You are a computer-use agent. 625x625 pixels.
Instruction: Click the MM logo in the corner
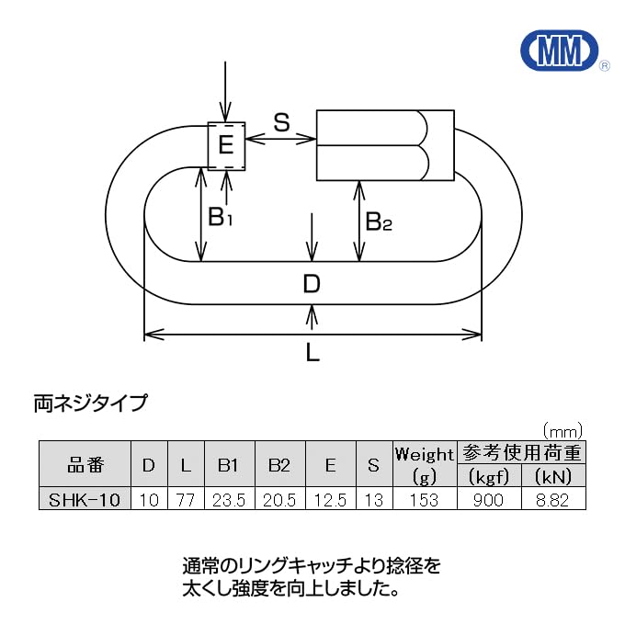tap(559, 51)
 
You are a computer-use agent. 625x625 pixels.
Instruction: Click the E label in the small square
tap(227, 145)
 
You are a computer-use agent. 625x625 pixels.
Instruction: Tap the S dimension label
tap(281, 121)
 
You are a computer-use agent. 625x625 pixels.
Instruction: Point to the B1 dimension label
tap(221, 218)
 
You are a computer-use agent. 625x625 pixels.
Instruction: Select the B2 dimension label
tap(378, 222)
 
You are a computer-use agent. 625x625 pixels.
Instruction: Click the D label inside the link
tap(312, 284)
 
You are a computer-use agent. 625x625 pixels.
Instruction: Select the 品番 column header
tap(86, 465)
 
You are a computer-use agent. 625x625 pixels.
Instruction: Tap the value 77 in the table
tap(186, 499)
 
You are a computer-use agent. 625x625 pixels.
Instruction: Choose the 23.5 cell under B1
tap(228, 499)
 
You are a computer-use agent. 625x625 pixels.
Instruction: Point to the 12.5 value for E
tap(330, 499)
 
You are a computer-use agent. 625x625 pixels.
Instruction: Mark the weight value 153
tap(424, 499)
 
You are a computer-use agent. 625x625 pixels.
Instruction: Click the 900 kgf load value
tap(489, 499)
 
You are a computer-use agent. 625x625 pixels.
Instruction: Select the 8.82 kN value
tap(552, 499)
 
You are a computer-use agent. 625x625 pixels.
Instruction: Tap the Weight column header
tap(424, 454)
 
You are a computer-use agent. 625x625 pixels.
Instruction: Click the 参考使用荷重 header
tap(521, 452)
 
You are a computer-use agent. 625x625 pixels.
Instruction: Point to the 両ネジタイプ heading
tap(89, 403)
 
